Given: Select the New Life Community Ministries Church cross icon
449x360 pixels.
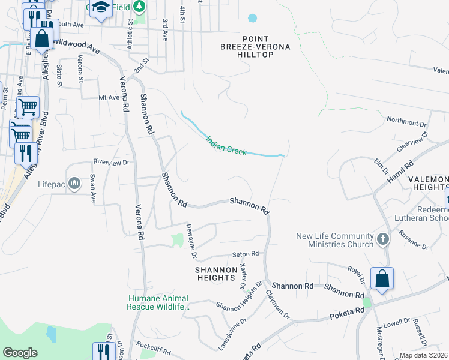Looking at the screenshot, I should coord(382,240).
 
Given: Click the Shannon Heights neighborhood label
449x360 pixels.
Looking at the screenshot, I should coord(215,274).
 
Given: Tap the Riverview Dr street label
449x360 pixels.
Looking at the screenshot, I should coord(111,162).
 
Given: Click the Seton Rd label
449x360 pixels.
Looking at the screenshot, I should coord(245,254).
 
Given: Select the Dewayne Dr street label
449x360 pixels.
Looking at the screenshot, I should coord(191,241).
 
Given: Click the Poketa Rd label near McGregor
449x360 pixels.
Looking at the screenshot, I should coord(347,313).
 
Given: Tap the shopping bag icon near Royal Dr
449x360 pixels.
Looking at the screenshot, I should coord(382,278).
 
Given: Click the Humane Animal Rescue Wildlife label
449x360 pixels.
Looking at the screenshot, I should coord(158,302).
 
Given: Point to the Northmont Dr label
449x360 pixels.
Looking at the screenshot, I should coord(406,121).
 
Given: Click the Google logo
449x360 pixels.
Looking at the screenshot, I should coord(20,353).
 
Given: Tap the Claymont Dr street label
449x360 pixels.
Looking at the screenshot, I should coord(278,304).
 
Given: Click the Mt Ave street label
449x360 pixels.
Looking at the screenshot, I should coord(109,97).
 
